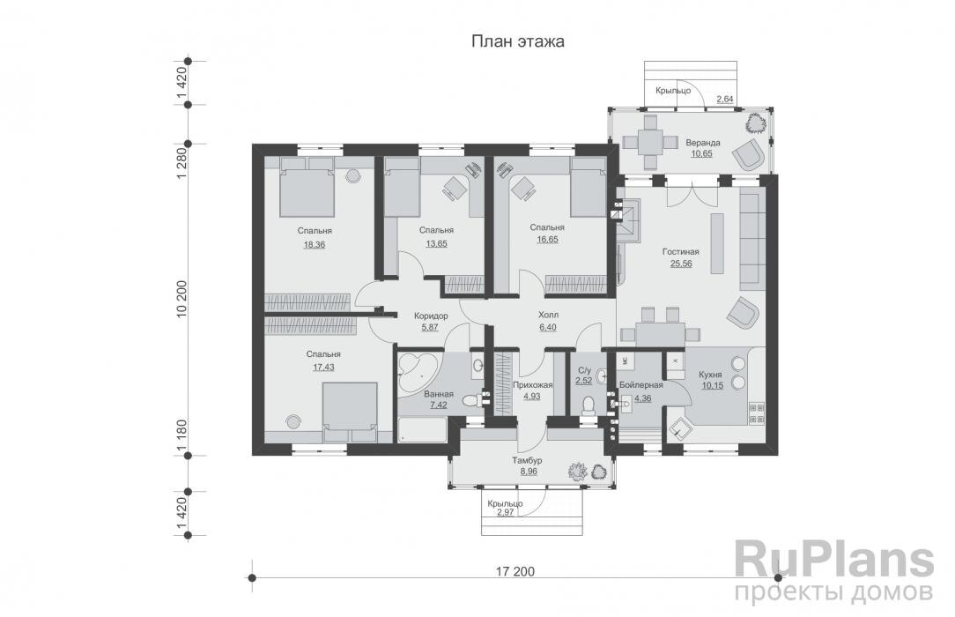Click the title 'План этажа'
pos(517,41)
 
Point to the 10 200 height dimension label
pos(183,299)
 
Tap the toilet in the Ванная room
pos(477,400)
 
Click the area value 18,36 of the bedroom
pos(315,244)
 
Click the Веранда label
pos(704,143)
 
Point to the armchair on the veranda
pos(750,155)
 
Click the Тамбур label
pos(529,461)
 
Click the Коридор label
pos(431,316)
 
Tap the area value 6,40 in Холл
pos(549,326)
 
